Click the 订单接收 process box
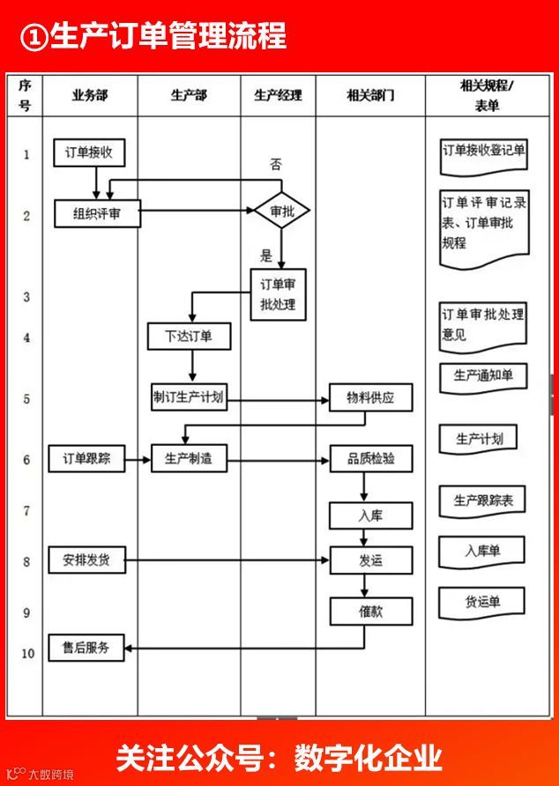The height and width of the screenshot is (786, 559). tap(88, 152)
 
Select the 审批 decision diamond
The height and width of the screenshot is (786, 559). tap(281, 211)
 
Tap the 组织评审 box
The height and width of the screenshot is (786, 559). tap(96, 213)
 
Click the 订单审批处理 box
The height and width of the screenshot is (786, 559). tap(277, 294)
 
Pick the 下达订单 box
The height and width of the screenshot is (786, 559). tap(188, 336)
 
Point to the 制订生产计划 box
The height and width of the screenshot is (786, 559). tap(188, 397)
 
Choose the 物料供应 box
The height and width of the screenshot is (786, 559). tap(370, 397)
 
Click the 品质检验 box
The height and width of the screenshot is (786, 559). tap(370, 459)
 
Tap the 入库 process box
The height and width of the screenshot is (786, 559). tap(370, 515)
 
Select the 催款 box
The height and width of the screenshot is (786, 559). tap(370, 611)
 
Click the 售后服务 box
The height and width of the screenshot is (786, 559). tap(86, 648)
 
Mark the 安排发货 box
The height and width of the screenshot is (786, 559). tap(86, 560)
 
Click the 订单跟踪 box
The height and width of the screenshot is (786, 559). tap(86, 459)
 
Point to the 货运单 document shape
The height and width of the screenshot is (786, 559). tap(482, 602)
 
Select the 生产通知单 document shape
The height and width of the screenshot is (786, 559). tap(483, 376)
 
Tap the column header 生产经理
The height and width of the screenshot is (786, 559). tap(278, 95)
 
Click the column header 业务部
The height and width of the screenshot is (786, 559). tap(90, 95)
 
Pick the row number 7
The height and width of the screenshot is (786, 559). tap(26, 510)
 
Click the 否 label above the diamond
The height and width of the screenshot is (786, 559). tap(276, 165)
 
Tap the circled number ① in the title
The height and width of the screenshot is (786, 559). tap(34, 37)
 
